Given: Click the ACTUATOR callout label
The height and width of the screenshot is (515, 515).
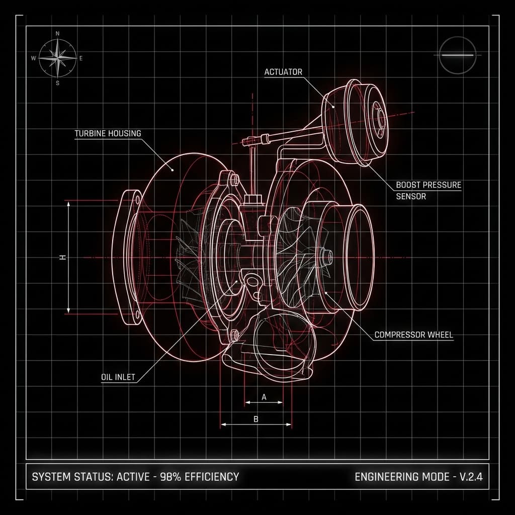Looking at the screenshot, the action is (283, 72).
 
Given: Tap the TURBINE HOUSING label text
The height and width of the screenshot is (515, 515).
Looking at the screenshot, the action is (108, 133).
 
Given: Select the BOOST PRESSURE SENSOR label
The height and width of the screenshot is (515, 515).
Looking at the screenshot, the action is (428, 191).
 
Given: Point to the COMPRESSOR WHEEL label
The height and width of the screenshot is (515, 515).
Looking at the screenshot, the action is (414, 335).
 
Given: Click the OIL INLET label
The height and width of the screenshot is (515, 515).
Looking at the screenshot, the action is (118, 377).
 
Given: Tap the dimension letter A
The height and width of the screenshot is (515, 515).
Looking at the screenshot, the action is (264, 397).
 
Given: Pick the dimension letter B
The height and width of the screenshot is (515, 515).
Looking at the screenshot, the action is (256, 419).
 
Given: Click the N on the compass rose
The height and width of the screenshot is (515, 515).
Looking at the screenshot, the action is (58, 34).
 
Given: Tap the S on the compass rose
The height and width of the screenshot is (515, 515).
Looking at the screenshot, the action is (58, 83).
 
